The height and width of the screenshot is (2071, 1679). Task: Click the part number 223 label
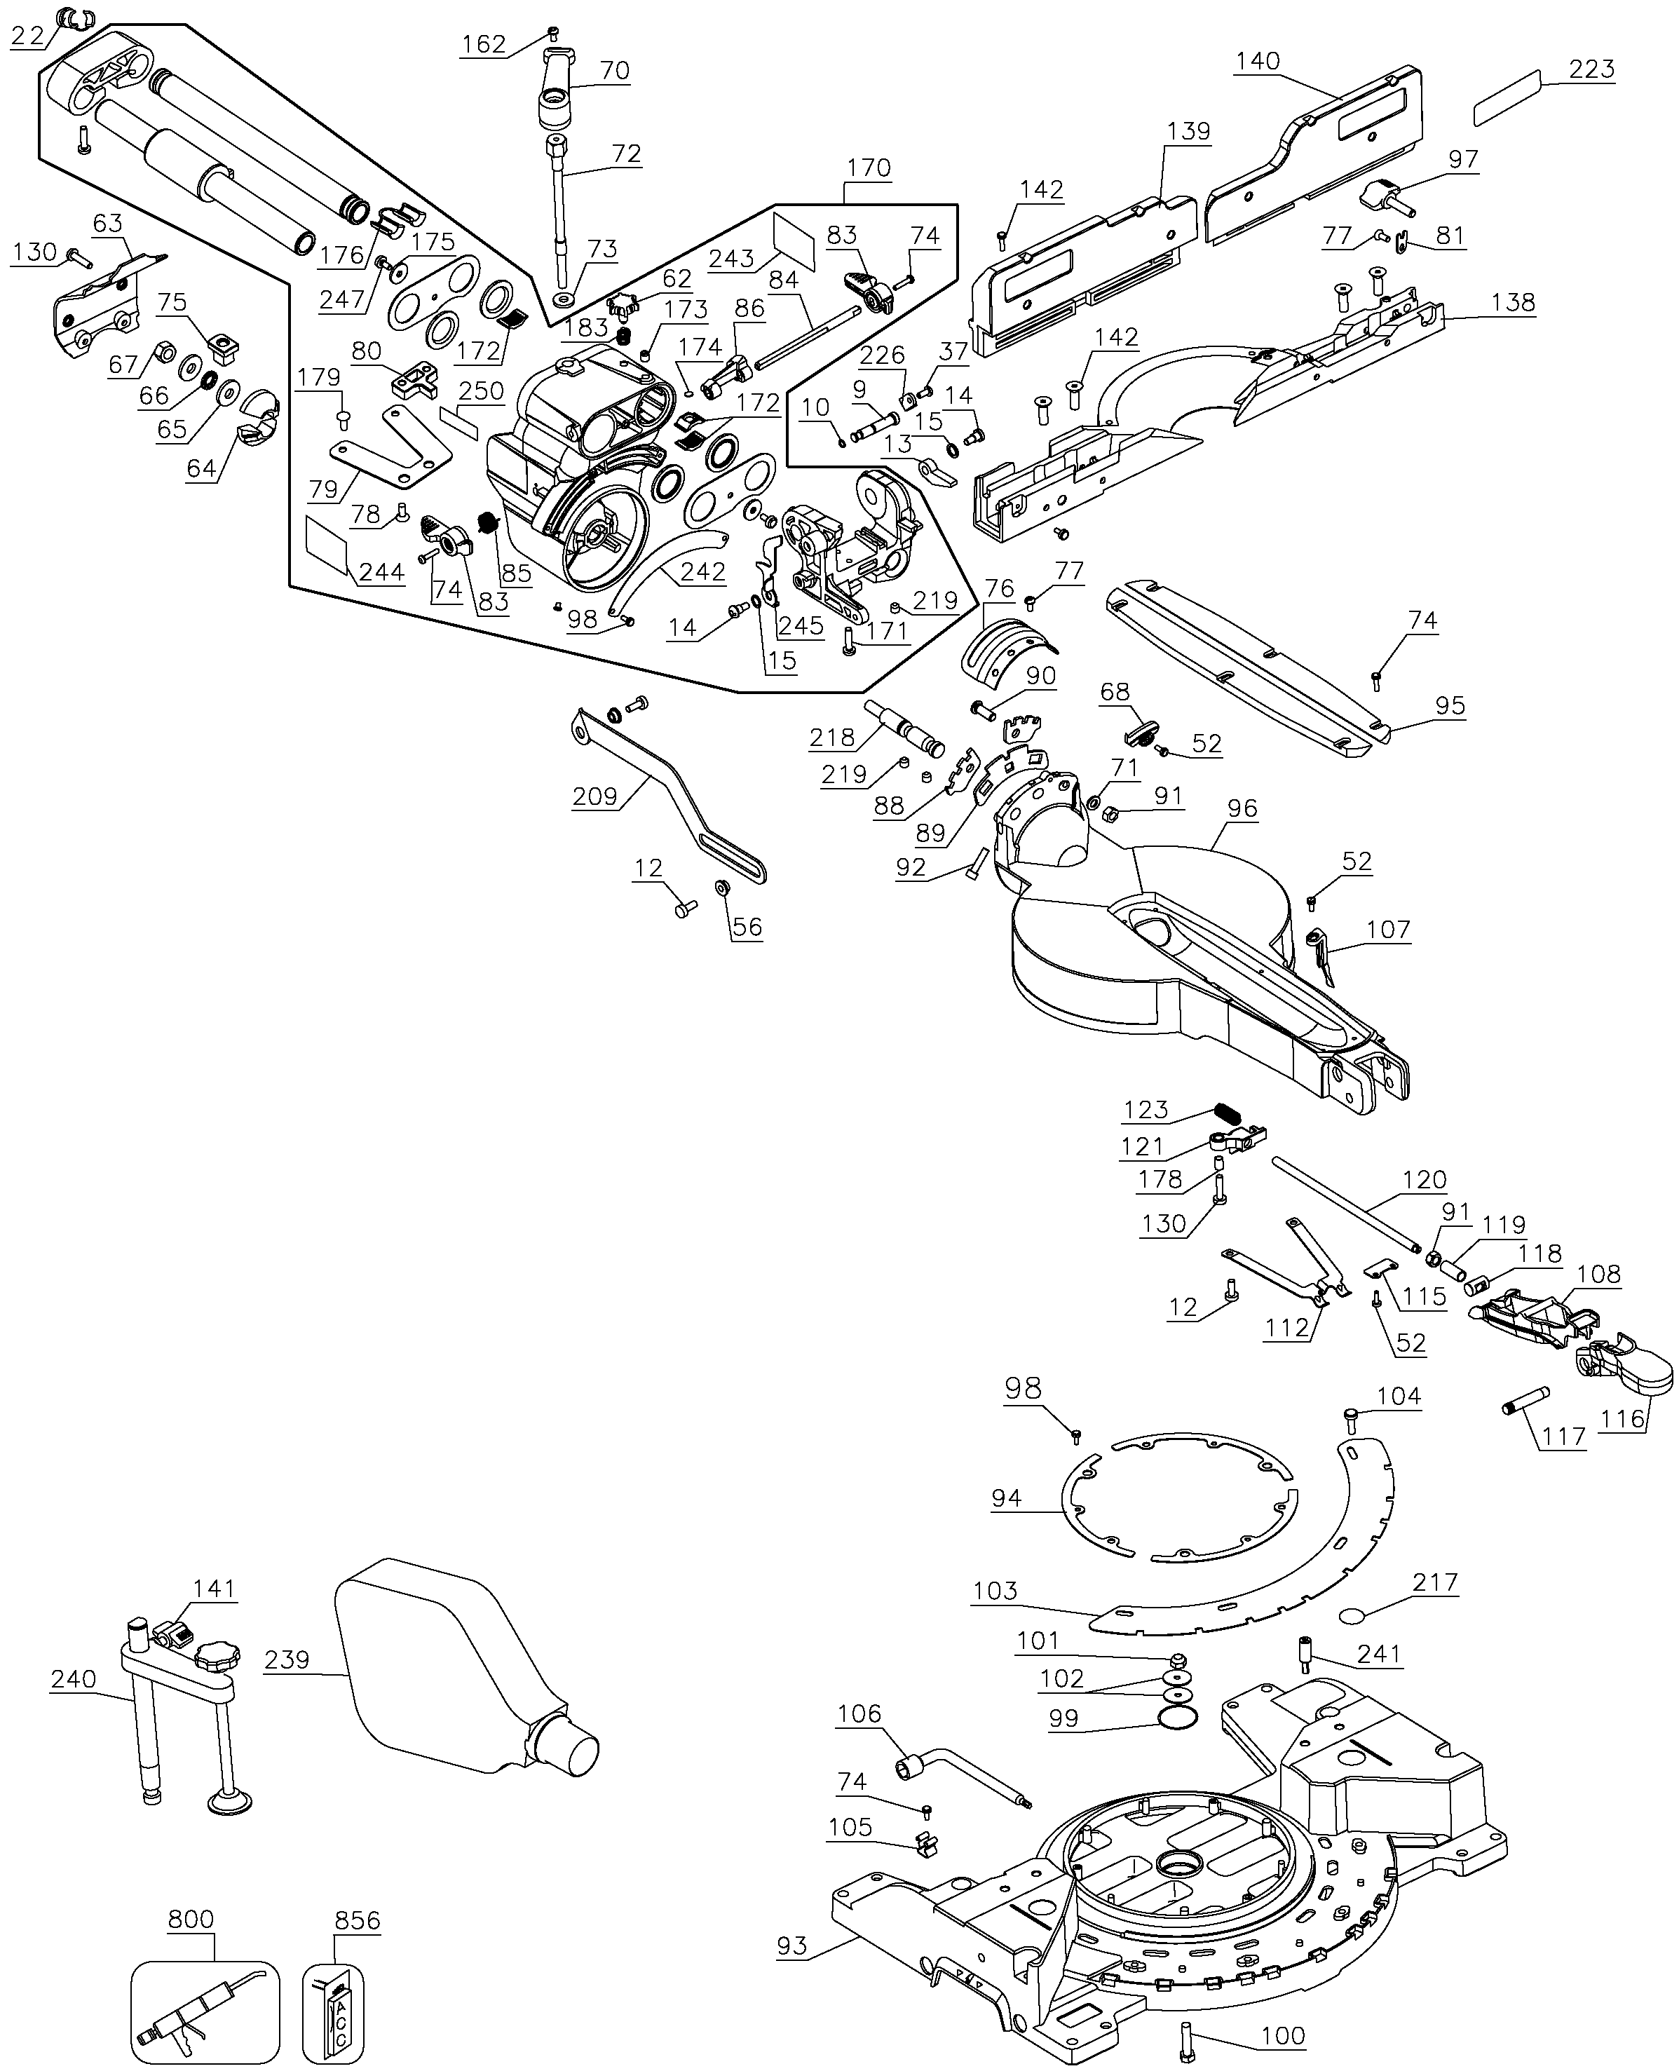pos(1591,69)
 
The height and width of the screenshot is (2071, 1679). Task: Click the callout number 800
pos(191,1918)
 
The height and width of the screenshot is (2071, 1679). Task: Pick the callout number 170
pos(868,168)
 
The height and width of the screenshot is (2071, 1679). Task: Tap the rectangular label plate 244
pos(327,545)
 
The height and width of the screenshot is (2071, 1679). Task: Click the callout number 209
pos(594,796)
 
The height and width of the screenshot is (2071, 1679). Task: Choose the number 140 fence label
pos(1257,60)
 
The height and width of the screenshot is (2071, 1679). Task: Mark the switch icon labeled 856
pos(334,2010)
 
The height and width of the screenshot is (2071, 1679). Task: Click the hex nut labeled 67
pos(165,349)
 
